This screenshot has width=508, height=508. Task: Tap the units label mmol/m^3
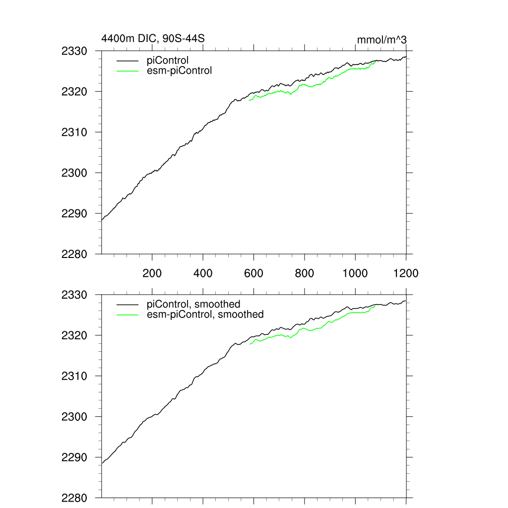(382, 40)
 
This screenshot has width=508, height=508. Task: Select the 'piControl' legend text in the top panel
(168, 61)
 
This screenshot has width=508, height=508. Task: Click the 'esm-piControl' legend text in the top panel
(180, 70)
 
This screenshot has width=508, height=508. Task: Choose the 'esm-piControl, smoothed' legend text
(205, 314)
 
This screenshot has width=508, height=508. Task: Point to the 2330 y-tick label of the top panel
(74, 51)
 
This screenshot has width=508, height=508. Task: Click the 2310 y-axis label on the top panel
(74, 132)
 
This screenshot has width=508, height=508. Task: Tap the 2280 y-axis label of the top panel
(74, 254)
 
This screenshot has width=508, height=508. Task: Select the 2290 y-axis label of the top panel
(74, 214)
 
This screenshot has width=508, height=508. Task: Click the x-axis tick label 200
(152, 273)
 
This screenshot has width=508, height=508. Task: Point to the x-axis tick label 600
(254, 273)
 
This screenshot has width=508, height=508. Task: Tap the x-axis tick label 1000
(355, 273)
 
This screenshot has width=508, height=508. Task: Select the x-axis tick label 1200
(406, 273)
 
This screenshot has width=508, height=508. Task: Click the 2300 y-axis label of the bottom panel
(74, 417)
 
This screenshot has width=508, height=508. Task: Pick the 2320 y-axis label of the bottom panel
(74, 336)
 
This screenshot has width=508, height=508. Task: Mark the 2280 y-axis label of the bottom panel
(74, 498)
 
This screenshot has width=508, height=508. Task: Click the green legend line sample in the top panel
(127, 71)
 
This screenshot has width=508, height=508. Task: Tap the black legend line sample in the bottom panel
(127, 304)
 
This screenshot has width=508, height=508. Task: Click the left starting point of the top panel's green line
(249, 101)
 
